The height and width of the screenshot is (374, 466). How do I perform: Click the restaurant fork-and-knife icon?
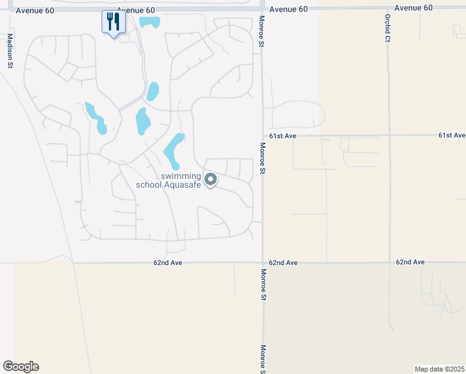click(113, 22)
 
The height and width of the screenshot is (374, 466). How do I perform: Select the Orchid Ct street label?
click(387, 29)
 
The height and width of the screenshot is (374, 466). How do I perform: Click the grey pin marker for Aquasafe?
click(211, 180)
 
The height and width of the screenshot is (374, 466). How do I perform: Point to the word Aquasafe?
click(182, 185)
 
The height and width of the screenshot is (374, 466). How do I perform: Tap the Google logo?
click(21, 367)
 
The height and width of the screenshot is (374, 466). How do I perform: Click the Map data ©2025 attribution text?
click(439, 369)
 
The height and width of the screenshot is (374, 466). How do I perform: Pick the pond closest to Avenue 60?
click(150, 22)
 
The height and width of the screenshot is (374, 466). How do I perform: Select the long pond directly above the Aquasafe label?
click(173, 150)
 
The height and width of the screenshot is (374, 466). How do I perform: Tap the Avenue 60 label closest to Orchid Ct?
click(413, 8)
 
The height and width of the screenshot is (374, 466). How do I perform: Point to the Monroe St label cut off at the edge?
click(264, 360)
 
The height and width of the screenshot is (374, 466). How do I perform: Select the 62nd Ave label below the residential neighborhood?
click(168, 263)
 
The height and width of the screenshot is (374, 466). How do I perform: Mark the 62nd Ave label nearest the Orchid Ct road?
click(410, 262)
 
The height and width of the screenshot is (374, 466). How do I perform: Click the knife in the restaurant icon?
click(117, 22)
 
